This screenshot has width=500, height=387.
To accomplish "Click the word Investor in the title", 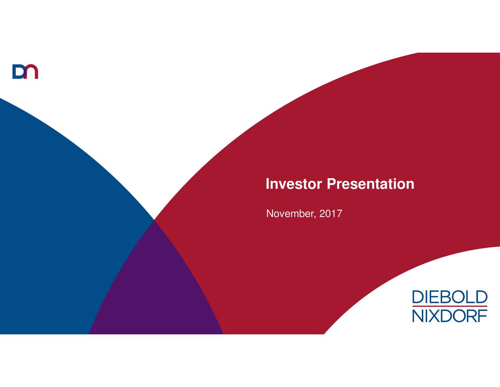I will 294,184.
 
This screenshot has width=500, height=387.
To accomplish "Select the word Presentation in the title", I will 370,184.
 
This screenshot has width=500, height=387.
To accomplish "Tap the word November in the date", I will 289,214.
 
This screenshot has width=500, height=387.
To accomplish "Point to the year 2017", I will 330,214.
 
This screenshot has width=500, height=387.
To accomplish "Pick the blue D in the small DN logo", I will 18,72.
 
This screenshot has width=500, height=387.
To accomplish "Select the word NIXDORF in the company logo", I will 450,315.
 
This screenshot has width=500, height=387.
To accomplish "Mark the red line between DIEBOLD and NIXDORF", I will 450,306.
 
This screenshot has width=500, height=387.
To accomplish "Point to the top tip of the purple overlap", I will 154,221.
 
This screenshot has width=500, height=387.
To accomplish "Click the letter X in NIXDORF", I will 435,315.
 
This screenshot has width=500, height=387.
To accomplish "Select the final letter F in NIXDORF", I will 483,315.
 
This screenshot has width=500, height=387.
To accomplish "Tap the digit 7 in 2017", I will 339,214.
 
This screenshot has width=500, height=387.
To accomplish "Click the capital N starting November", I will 270,214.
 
